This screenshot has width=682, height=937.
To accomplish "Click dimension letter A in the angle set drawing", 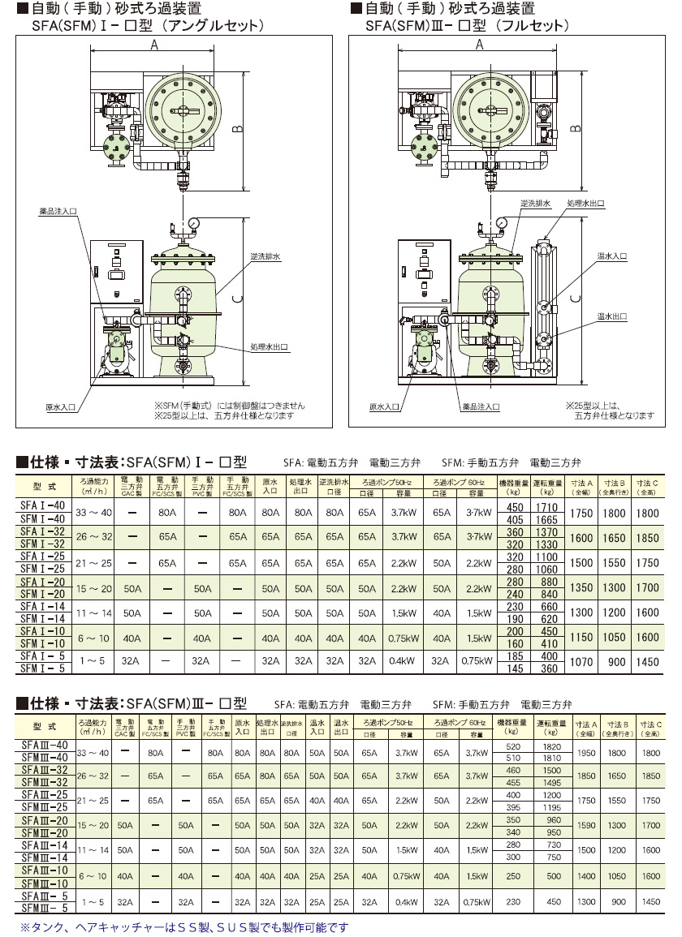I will (154, 45).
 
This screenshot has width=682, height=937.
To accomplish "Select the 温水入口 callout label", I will (613, 256).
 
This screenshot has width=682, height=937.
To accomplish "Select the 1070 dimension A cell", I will (582, 662).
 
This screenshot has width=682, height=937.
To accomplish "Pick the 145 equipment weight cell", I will (515, 668).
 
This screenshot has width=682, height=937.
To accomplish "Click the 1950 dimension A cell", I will (585, 753).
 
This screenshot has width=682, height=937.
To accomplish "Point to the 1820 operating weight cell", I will (552, 746).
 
